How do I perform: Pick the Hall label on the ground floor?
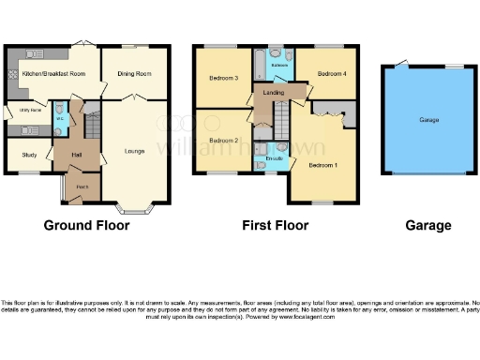(x=77, y=155)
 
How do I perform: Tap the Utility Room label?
(x=30, y=111)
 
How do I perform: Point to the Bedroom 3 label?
(x=222, y=79)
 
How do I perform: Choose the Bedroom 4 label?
(x=331, y=73)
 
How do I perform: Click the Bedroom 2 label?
(x=222, y=141)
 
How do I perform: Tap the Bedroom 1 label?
(x=323, y=165)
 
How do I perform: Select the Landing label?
(x=274, y=93)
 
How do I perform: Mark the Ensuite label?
(x=275, y=157)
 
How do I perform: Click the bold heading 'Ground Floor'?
(x=86, y=225)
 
